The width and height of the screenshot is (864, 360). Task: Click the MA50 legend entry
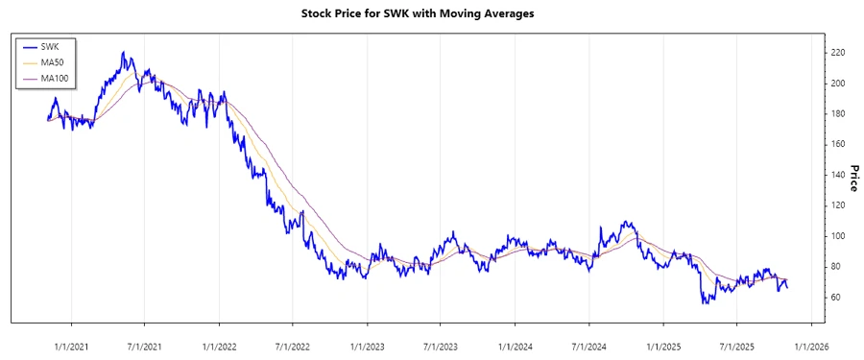coord(52,62)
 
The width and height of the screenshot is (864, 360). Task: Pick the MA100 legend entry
coord(54,79)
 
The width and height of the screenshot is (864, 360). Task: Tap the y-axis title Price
coord(853,179)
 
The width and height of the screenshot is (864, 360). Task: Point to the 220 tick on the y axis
coord(838,53)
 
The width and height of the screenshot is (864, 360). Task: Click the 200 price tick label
coord(838,84)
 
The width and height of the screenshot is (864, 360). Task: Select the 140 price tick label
coord(838,175)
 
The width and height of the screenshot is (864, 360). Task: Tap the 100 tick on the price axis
coord(838,236)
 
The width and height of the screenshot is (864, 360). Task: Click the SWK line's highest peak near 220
coord(123,53)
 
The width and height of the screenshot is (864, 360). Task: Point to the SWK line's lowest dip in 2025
coord(705,303)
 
